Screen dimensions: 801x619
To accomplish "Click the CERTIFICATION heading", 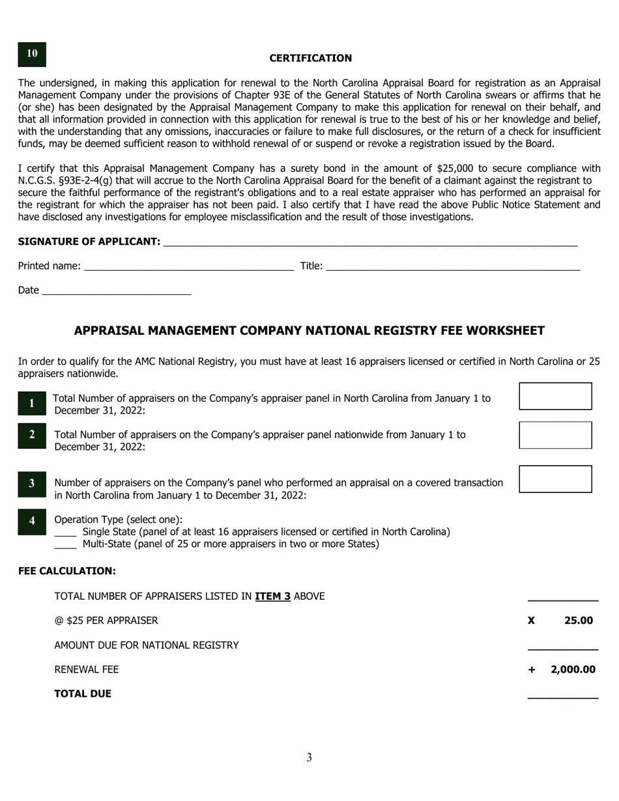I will (310, 58).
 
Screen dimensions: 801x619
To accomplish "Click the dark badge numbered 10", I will (32, 54).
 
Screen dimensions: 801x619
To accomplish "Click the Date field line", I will (116, 290).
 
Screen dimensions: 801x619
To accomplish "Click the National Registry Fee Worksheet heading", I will (309, 331).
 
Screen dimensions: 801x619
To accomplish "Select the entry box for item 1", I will (555, 396).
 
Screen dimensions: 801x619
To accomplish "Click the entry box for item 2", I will (555, 435).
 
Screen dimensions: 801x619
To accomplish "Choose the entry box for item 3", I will (555, 479).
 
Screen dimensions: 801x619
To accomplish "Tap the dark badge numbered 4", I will (32, 521).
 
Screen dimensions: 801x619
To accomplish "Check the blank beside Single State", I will (65, 533).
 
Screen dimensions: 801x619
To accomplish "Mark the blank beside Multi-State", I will (65, 544).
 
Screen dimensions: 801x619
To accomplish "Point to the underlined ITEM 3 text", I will (272, 596).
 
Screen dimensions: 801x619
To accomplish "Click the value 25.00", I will (578, 621).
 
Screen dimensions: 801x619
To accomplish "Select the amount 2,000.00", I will (573, 669).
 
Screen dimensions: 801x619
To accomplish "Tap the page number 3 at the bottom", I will (309, 757).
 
